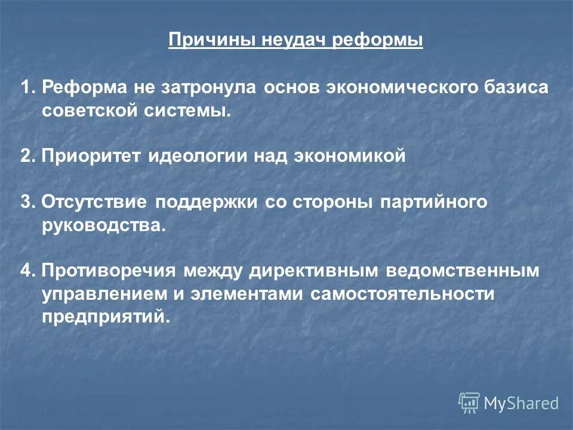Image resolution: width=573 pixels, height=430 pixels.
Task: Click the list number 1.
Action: (26, 88)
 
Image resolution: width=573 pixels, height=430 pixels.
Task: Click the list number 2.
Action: (26, 156)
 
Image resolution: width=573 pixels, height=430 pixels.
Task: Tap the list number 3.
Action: (26, 202)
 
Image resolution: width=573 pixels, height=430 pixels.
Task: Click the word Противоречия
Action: (109, 271)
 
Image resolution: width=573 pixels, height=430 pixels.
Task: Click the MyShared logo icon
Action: (469, 403)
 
